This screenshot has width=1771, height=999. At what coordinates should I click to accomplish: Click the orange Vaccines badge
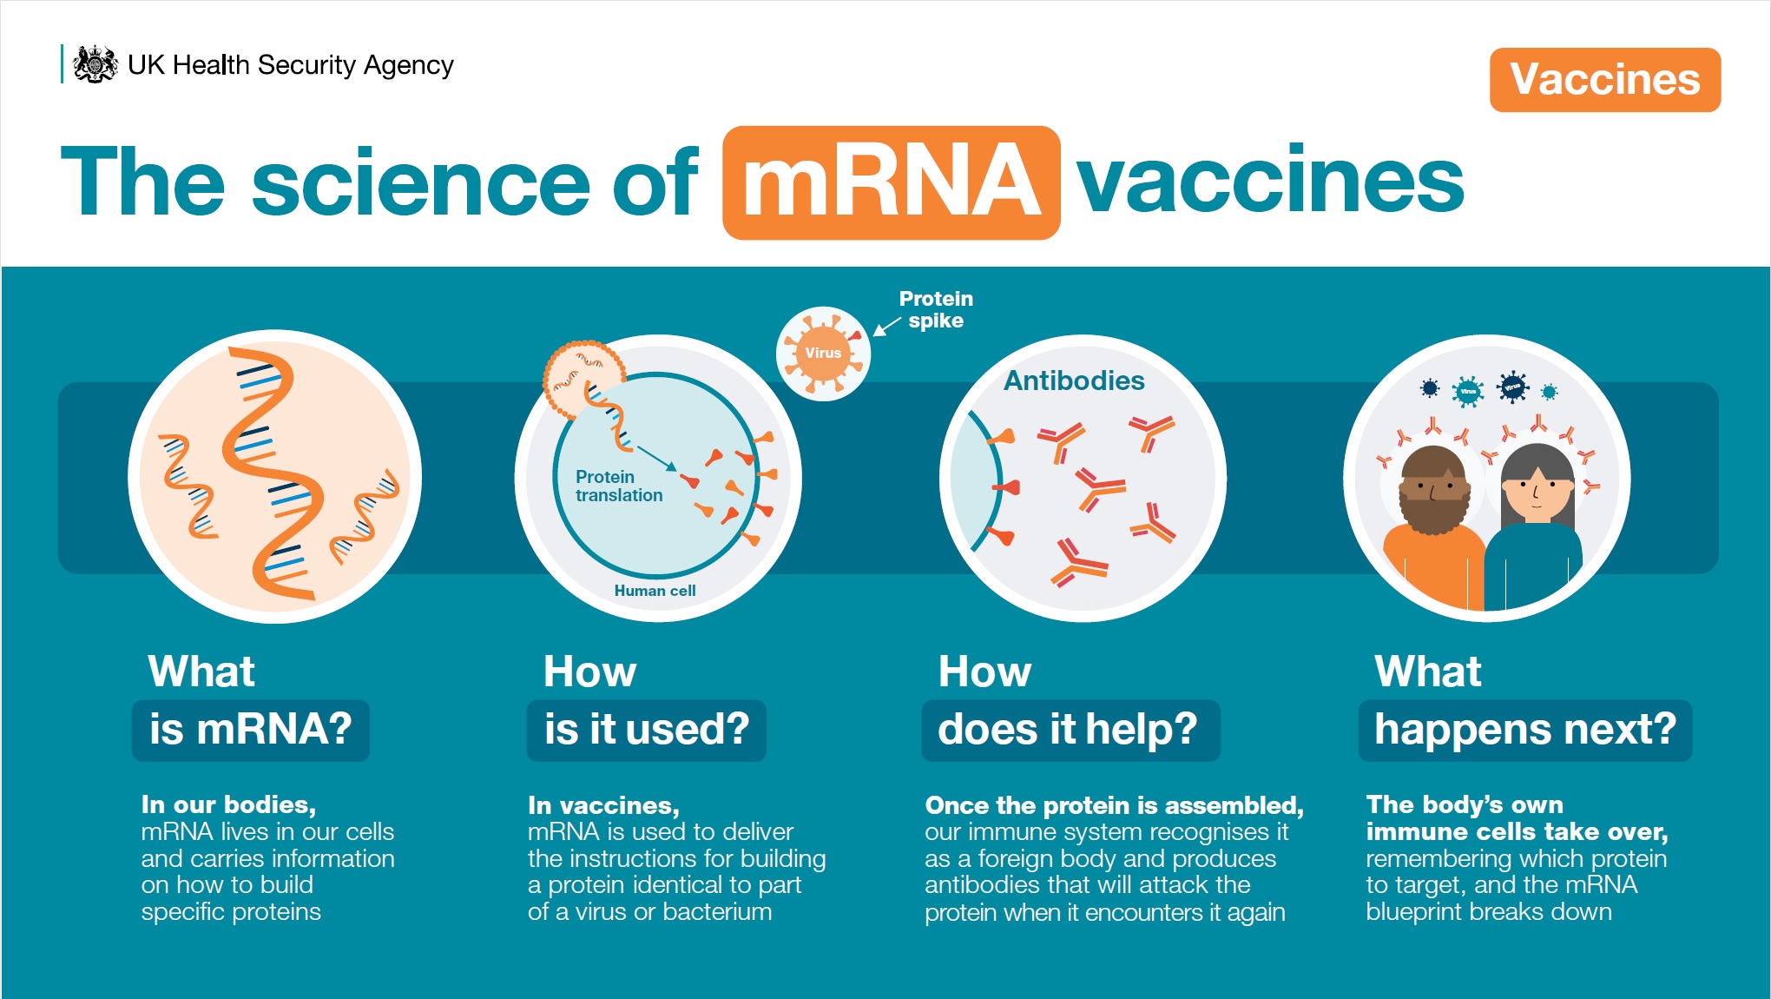click(x=1605, y=80)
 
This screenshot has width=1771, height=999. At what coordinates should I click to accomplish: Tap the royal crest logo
click(x=95, y=64)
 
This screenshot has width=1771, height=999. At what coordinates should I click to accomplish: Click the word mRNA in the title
click(x=891, y=182)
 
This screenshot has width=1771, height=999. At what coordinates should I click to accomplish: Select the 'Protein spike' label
click(x=936, y=310)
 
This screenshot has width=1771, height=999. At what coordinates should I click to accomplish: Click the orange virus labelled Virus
click(x=823, y=353)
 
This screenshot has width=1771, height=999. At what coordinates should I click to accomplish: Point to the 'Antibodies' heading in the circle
click(x=1074, y=380)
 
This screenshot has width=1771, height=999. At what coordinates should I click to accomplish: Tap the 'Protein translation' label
click(x=618, y=486)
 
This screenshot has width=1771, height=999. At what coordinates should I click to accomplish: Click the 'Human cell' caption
click(x=655, y=591)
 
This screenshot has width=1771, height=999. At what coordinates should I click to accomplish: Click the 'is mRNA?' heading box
click(x=251, y=730)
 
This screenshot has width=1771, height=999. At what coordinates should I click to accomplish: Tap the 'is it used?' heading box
click(x=647, y=730)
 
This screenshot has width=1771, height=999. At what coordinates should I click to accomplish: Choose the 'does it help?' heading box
click(x=1070, y=730)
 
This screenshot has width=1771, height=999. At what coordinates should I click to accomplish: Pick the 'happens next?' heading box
click(x=1525, y=730)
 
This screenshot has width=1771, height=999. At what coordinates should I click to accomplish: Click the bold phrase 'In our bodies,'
click(x=228, y=804)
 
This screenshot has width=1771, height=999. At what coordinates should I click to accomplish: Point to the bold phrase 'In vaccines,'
click(x=603, y=805)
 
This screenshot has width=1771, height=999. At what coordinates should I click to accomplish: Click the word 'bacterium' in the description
click(x=717, y=911)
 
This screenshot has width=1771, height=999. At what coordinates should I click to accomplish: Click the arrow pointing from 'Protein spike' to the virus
click(x=886, y=327)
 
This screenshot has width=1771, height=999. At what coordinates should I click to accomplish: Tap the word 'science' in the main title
click(x=421, y=182)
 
